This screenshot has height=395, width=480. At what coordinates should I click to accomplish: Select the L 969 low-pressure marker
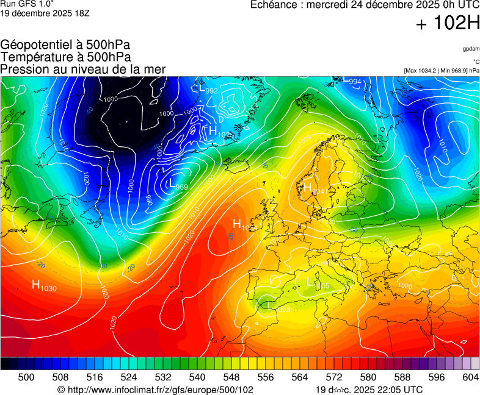coord(178,186)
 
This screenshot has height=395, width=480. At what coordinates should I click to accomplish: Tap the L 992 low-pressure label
coord(208,90)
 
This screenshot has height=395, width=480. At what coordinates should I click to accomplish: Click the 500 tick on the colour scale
coord(26,378)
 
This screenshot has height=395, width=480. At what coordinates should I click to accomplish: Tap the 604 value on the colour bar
coord(470,378)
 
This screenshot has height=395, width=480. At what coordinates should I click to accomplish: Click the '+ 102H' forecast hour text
coord(447,24)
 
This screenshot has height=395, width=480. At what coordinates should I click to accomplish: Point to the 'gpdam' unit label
coord(471,49)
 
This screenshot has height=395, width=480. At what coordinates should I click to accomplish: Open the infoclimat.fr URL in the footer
coord(155,390)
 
